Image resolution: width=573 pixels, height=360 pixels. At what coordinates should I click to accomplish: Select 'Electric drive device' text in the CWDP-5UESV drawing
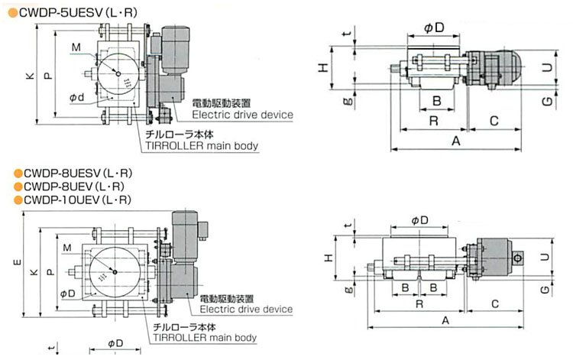[242, 115]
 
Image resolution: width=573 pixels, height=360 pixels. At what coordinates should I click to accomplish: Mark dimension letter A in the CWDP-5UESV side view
[455, 141]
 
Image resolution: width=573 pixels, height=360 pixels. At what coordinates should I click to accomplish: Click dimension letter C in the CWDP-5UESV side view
[494, 120]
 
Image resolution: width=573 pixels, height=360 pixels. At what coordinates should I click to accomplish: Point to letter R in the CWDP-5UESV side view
[433, 120]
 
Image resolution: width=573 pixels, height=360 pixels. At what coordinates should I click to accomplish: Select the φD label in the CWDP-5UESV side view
[432, 28]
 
